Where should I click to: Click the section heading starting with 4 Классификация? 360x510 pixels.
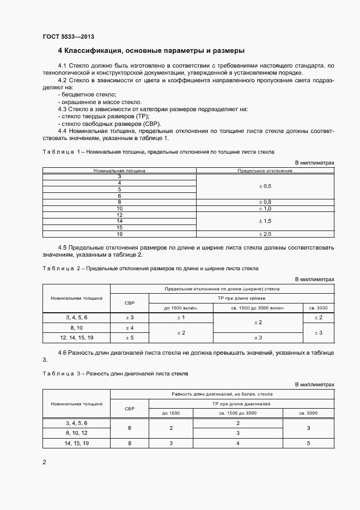[151, 51]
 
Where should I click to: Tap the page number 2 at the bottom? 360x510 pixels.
[45, 462]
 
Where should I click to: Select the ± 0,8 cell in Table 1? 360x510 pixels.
[265, 202]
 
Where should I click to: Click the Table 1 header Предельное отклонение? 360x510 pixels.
[265, 171]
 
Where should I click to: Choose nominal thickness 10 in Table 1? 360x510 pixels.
[119, 208]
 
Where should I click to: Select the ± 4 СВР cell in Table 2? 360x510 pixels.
[130, 327]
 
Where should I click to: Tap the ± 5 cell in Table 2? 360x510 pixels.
[130, 338]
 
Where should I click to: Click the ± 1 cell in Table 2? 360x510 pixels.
[181, 317]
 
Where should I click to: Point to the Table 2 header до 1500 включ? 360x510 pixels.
[181, 308]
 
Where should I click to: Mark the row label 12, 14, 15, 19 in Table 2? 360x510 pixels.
[76, 338]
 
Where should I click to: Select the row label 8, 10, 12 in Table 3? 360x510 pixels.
[76, 433]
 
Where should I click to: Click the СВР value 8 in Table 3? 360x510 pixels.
[130, 444]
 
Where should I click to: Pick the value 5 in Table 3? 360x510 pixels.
[308, 444]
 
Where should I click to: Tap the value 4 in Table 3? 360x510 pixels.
[238, 444]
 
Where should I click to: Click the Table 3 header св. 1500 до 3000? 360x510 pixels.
[238, 413]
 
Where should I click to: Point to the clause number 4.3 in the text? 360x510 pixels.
[63, 109]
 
